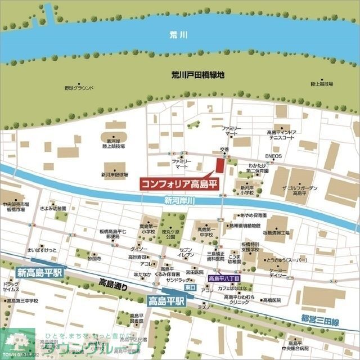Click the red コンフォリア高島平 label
coord(178,183)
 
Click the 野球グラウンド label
coord(79,88)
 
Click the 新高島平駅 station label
coord(40,273)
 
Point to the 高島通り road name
coord(115,283)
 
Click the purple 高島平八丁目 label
coord(224,278)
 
